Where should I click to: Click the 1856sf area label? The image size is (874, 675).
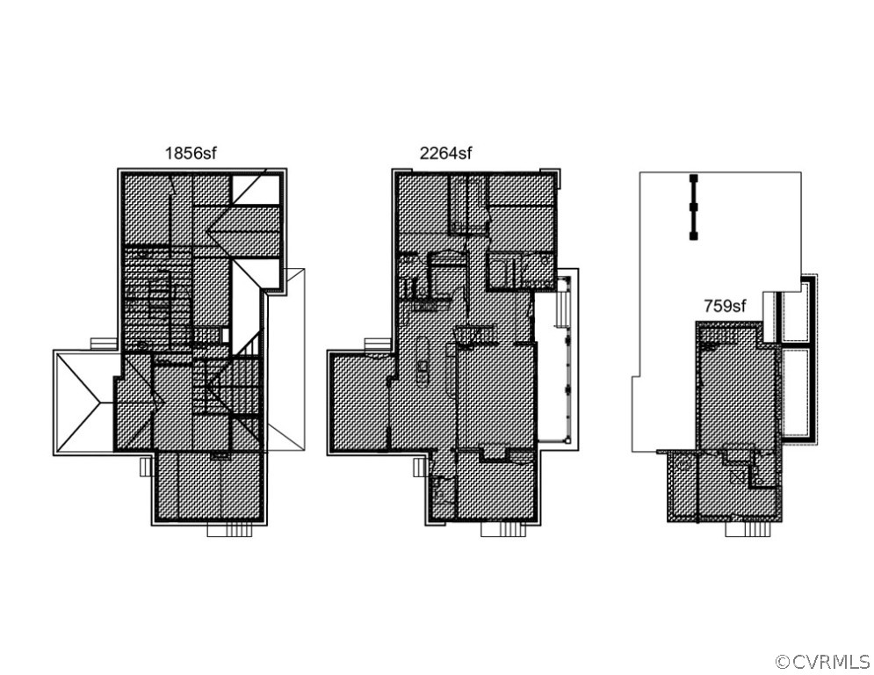[x=190, y=153]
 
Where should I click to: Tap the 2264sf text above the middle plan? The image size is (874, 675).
[x=445, y=153]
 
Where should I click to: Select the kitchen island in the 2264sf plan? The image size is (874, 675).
[x=423, y=360]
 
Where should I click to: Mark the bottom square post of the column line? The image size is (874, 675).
[x=693, y=236]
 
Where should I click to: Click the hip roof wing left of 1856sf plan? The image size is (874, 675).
[x=84, y=403]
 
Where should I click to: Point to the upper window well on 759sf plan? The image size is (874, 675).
[x=795, y=315]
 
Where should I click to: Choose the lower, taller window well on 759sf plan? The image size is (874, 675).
[x=795, y=391]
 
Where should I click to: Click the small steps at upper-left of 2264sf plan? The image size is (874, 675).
[x=377, y=342]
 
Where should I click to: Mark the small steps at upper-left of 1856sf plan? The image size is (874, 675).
[x=102, y=342]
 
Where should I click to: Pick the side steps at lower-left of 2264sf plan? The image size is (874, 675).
[x=420, y=469]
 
